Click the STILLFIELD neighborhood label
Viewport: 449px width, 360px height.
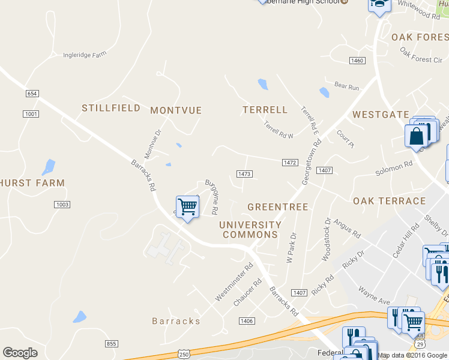(111, 108)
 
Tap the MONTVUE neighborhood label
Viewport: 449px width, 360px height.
(176, 110)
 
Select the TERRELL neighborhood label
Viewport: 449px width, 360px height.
(265, 110)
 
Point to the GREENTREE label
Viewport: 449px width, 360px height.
(278, 207)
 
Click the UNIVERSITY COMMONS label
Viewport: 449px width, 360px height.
(250, 230)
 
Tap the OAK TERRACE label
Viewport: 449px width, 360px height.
(389, 201)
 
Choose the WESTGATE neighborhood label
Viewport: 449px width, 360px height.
(381, 115)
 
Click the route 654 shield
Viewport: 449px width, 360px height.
(32, 94)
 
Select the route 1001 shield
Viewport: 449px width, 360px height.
(31, 114)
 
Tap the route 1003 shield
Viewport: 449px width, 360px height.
(62, 205)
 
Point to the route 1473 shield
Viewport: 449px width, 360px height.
(244, 174)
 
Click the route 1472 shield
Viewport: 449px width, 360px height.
(290, 163)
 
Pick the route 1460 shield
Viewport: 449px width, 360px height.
(357, 61)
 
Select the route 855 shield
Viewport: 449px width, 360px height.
(111, 343)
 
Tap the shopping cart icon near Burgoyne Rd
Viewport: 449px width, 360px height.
(188, 207)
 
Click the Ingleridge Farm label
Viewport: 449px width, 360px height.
(85, 55)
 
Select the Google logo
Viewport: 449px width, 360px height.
(20, 353)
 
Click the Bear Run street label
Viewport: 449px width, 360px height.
(346, 88)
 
